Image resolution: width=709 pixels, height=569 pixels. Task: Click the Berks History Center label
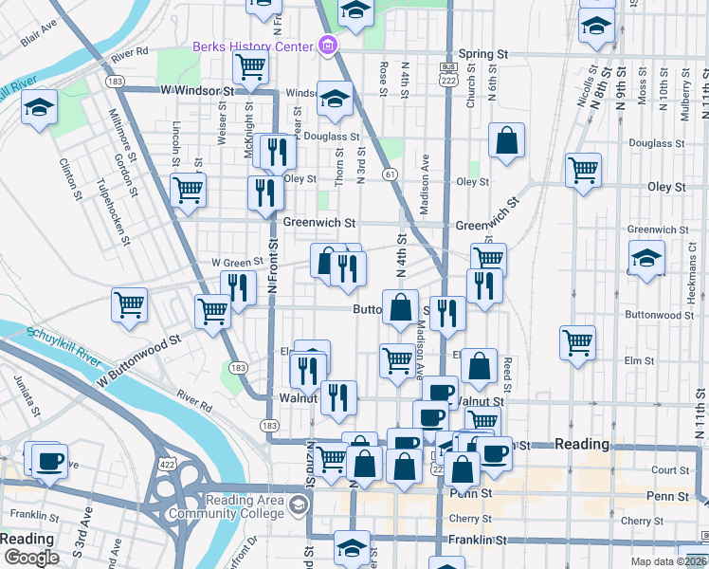coord(253,46)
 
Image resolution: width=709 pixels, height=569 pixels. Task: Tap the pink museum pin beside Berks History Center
coord(328,45)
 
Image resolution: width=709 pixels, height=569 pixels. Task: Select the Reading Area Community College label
coord(226,506)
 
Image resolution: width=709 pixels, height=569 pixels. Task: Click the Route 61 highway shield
coord(390,174)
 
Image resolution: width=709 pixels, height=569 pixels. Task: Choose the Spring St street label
coord(481,55)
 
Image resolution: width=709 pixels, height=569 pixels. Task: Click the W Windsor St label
coord(196,91)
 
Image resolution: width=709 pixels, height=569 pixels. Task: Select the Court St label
coord(669,470)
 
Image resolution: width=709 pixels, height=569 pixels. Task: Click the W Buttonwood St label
coord(137,358)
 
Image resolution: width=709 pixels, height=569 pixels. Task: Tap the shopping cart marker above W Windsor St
coord(250,67)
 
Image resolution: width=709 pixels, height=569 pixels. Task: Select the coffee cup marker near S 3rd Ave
coord(47,461)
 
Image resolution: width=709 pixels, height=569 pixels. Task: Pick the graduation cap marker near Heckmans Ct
coord(646,258)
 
